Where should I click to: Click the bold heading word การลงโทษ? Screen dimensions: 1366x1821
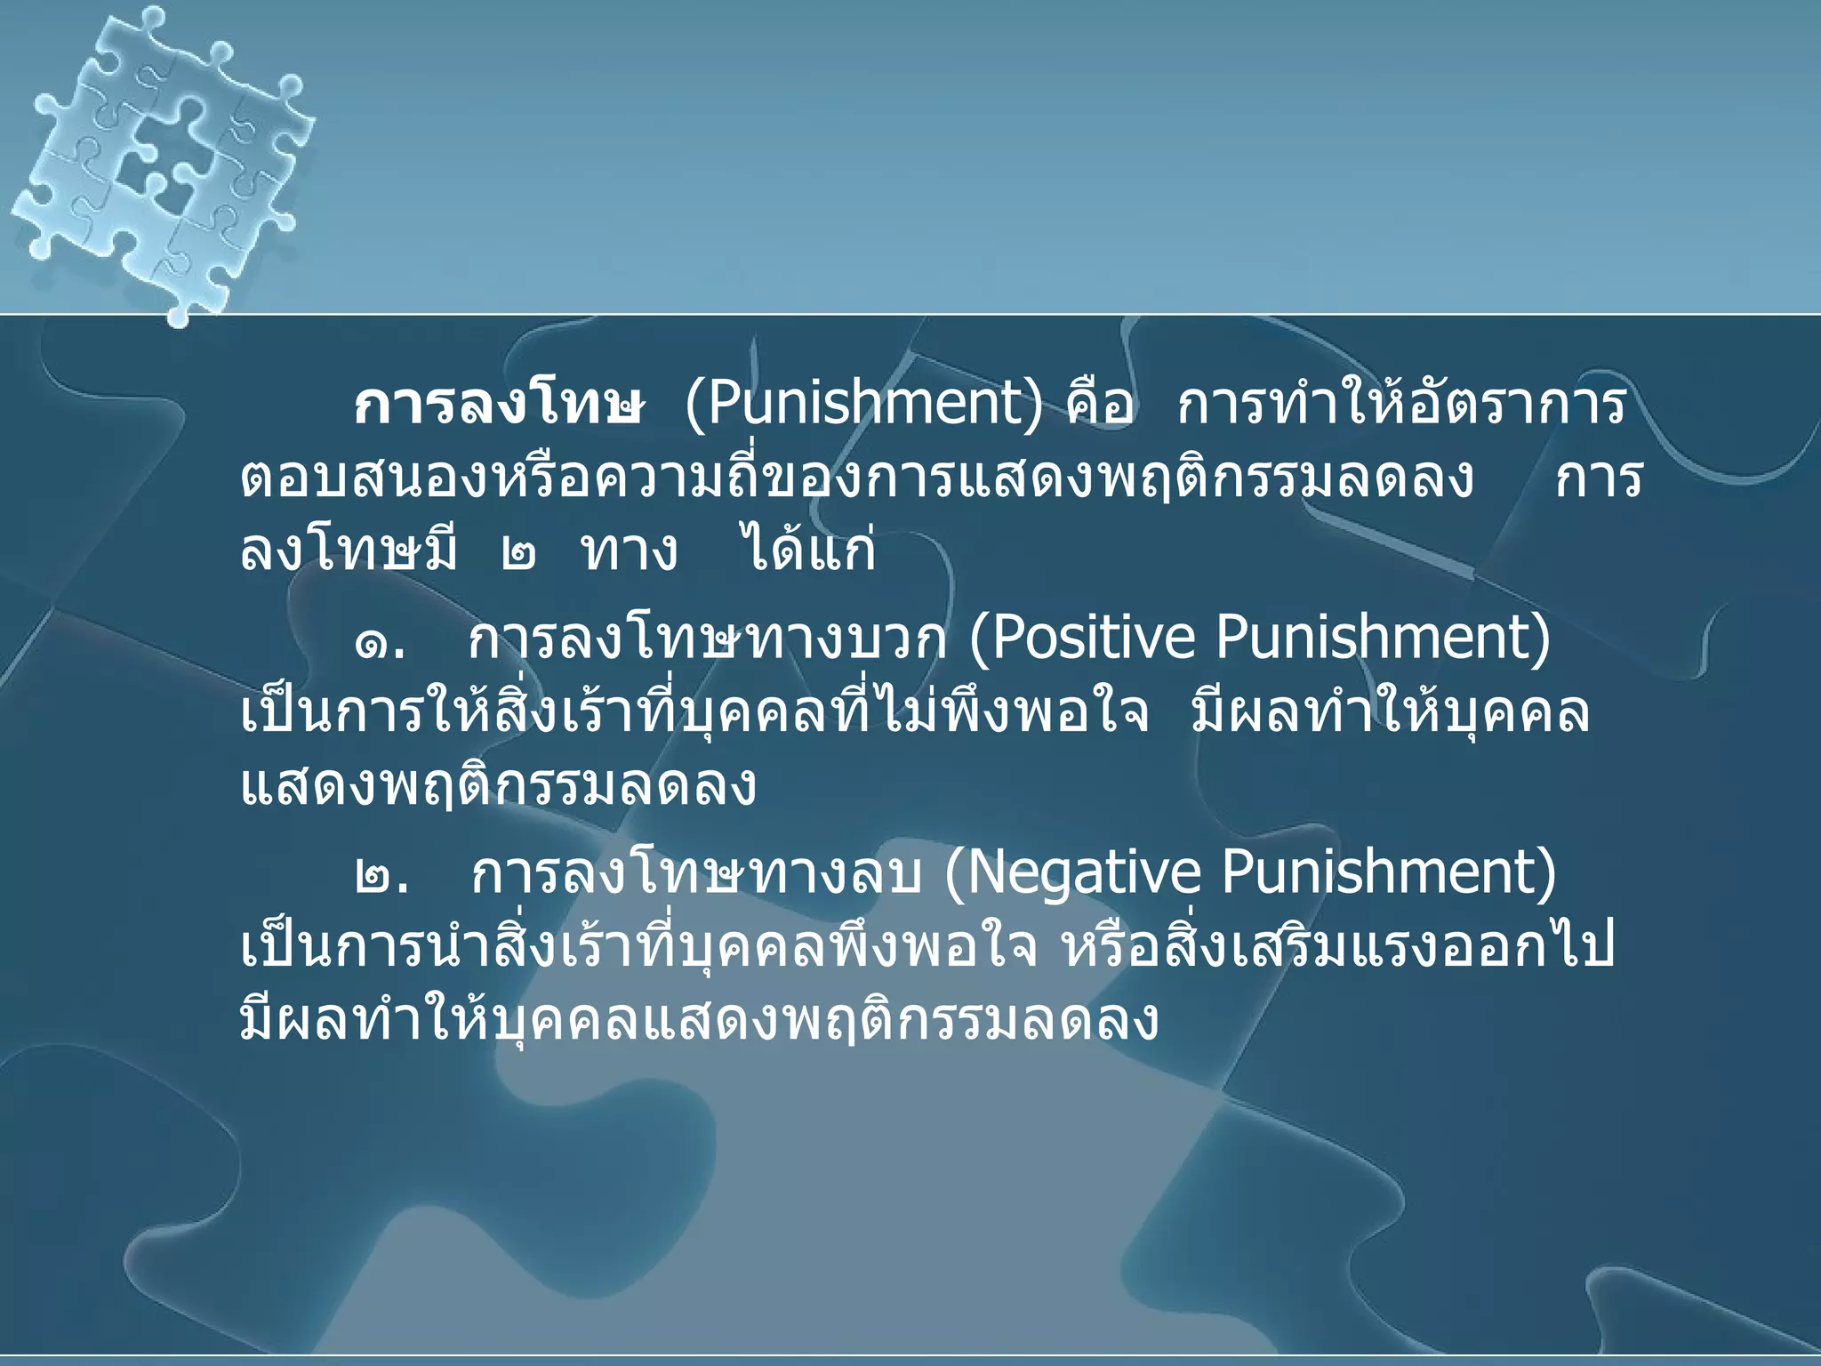point(498,407)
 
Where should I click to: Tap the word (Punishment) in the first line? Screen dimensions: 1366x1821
point(862,406)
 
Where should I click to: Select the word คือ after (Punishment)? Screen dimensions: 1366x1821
point(1099,407)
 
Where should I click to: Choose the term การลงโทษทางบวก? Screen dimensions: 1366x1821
point(708,640)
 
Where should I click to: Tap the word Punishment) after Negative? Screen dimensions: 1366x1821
point(1388,873)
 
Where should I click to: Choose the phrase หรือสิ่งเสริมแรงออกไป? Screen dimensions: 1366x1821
point(1338,948)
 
